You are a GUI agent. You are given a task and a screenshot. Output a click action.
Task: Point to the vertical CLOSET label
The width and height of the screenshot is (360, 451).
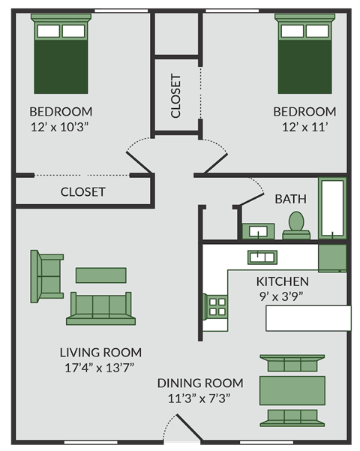[x=176, y=96]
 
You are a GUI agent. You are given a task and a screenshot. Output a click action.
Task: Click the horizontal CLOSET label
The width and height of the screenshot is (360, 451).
[x=83, y=191]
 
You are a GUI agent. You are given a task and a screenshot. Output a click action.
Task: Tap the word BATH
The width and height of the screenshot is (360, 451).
[x=290, y=199]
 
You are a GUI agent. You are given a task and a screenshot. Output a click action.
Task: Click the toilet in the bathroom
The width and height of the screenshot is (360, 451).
[x=296, y=225]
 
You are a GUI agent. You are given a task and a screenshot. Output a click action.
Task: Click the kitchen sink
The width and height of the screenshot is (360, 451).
[x=262, y=257]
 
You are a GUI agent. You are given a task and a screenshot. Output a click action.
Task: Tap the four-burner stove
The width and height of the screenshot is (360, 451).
[x=217, y=307]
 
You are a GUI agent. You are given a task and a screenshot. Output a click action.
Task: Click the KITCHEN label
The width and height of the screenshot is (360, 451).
[x=282, y=281]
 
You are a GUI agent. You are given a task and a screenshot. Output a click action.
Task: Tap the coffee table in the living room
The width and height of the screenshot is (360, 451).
[x=102, y=275]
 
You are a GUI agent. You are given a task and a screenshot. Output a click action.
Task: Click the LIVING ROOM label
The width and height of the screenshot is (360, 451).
[x=100, y=352]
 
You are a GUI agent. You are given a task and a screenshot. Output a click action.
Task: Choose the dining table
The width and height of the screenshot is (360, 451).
[x=292, y=390]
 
